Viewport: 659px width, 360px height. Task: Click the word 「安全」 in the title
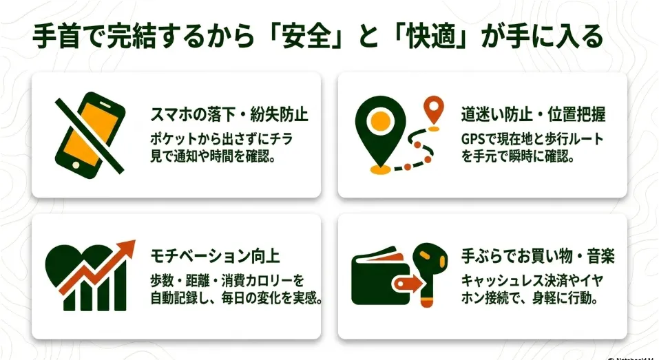[306, 36]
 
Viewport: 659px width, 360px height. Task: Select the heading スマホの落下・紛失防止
[229, 114]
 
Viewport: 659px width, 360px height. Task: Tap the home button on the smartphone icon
[76, 165]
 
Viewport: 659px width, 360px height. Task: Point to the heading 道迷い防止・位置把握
[534, 114]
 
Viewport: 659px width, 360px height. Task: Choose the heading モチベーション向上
[215, 256]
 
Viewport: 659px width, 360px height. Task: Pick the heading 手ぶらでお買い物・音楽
[538, 256]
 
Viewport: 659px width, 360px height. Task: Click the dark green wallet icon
[380, 277]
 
